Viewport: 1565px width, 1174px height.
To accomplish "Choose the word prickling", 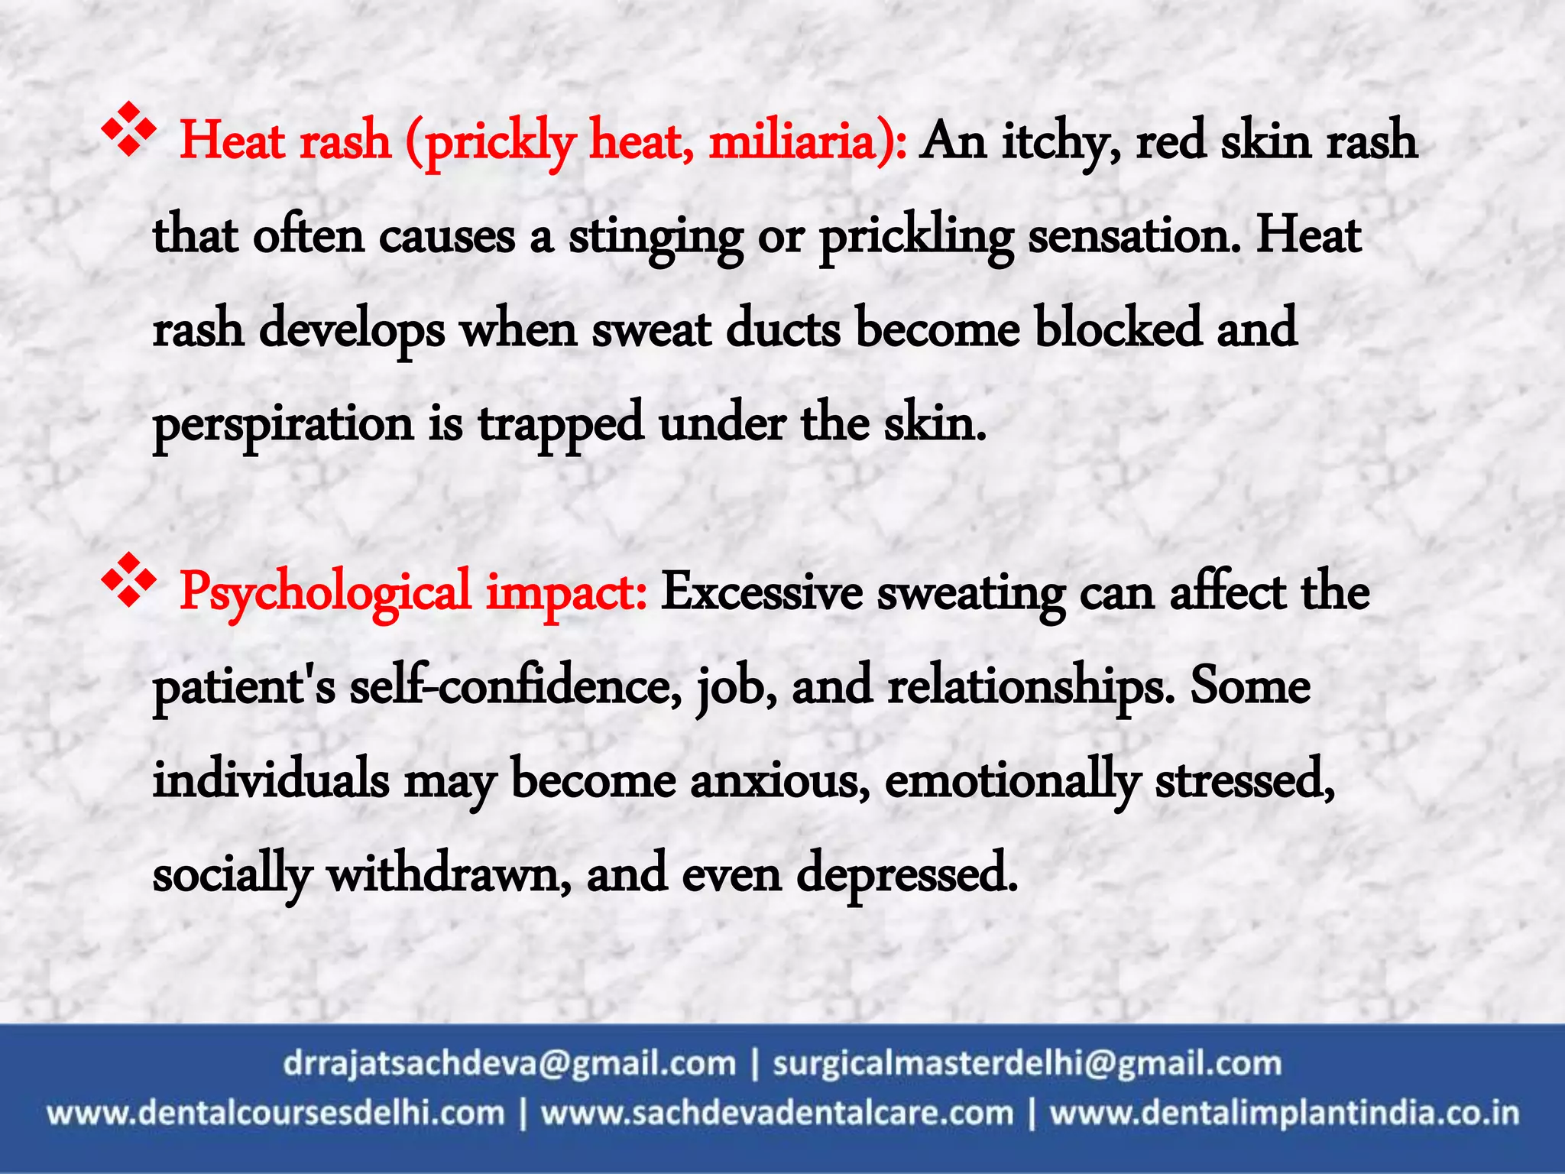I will tap(916, 237).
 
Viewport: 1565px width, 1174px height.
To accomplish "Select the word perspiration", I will tap(283, 425).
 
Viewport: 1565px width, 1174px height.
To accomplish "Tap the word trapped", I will tap(561, 425).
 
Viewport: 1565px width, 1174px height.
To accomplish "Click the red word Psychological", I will tap(325, 594).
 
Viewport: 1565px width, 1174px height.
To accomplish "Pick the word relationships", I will tap(1031, 686).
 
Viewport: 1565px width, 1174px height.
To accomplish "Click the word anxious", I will tap(779, 781).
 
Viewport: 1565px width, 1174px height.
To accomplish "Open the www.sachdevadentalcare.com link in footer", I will tap(777, 1113).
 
